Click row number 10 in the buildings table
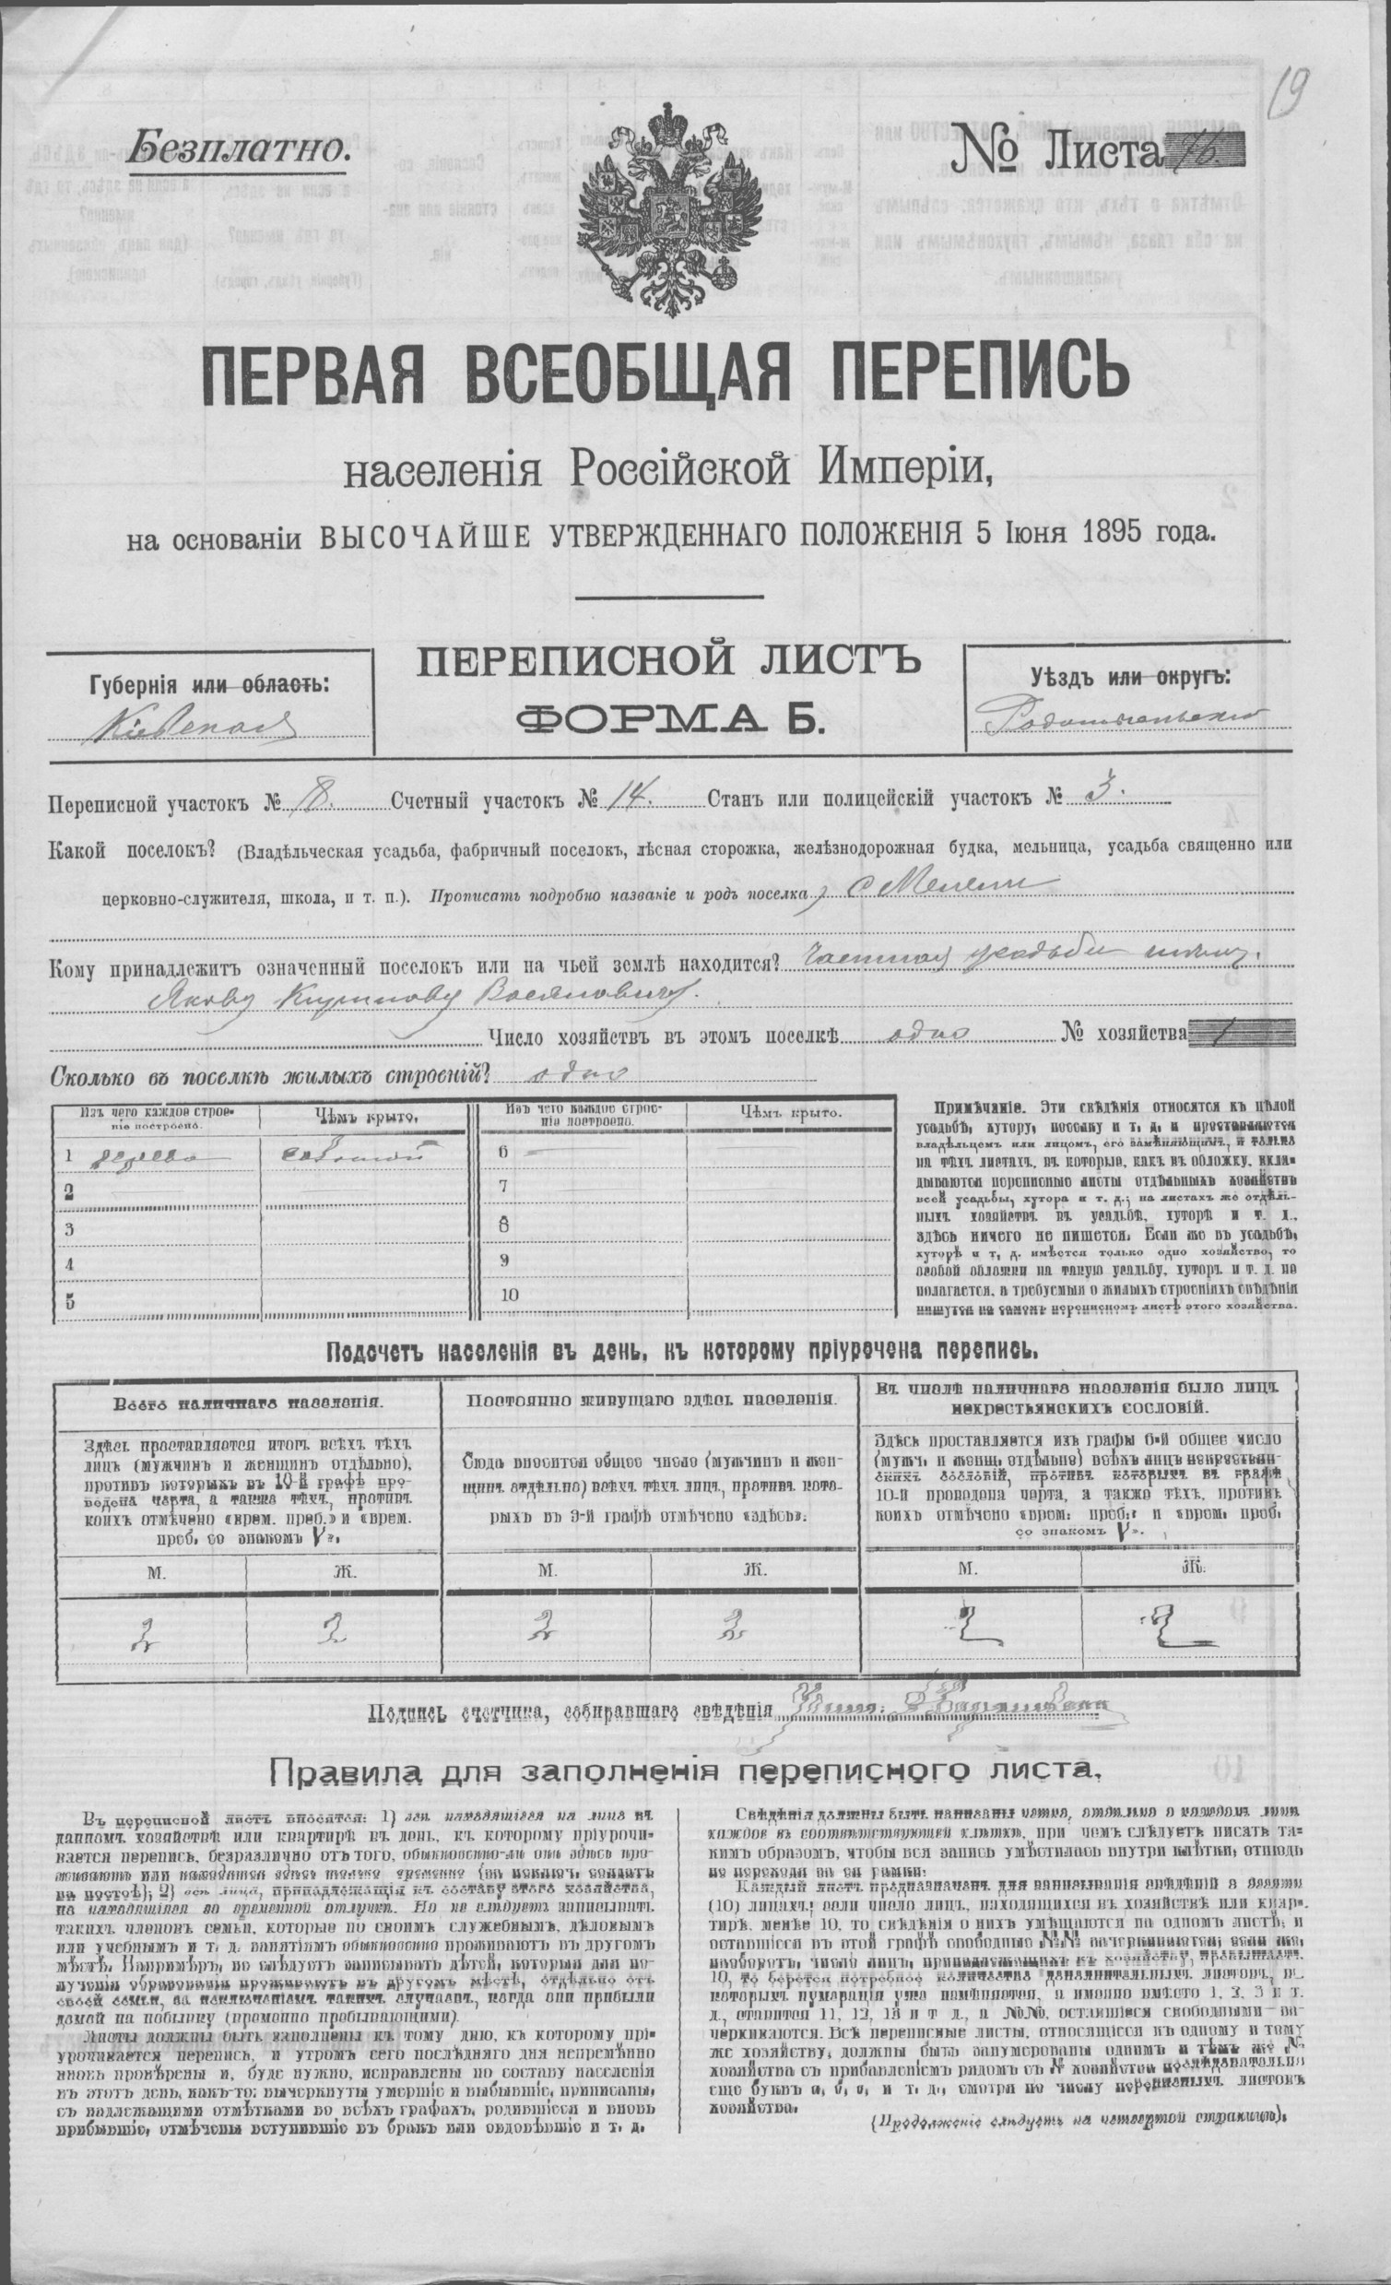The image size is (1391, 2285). [510, 1296]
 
